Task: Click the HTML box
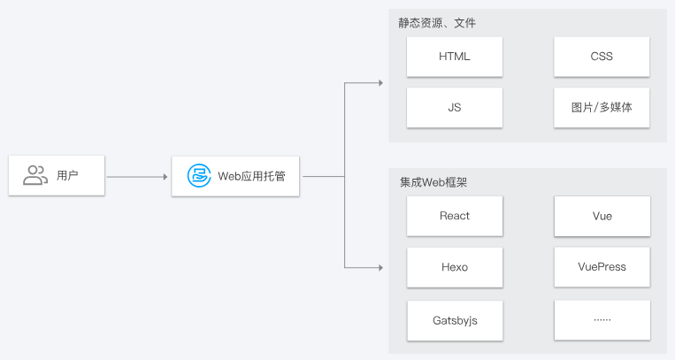tap(455, 57)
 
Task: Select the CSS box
tap(602, 57)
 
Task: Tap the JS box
tap(455, 107)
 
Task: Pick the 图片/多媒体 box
tap(602, 107)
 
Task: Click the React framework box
tap(455, 216)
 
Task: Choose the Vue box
tap(602, 216)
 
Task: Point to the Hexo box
tap(455, 267)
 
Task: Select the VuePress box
tap(602, 267)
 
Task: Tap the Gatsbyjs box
tap(455, 320)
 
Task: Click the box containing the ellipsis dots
tap(602, 320)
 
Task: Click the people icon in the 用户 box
tap(35, 176)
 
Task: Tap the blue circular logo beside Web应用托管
tap(199, 176)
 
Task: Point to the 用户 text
tap(67, 176)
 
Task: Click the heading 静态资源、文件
tap(437, 23)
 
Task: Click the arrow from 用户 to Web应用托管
tap(137, 177)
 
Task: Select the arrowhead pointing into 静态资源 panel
tap(380, 83)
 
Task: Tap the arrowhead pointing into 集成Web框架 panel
tap(380, 267)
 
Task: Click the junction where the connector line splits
tap(344, 177)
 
